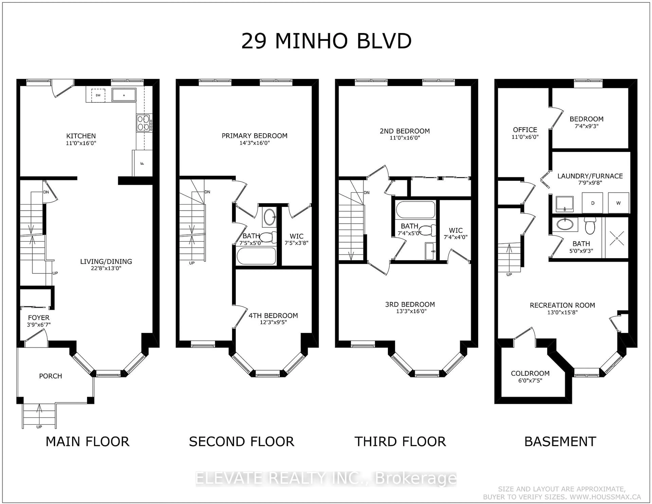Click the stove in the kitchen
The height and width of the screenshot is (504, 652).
click(x=143, y=123)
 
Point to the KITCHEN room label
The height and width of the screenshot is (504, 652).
click(x=81, y=136)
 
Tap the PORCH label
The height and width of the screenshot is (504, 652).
click(x=50, y=376)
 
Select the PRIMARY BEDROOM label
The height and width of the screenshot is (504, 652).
click(x=254, y=136)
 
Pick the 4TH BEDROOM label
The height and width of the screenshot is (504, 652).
click(x=273, y=316)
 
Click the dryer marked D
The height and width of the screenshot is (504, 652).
click(x=593, y=203)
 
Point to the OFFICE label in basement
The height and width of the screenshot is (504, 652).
click(x=525, y=130)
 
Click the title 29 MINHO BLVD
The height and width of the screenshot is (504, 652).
click(x=326, y=41)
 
